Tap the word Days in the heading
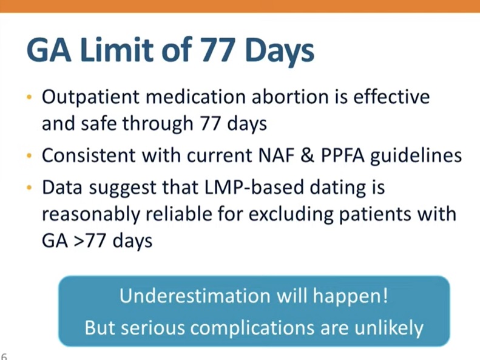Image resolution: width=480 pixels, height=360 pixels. pos(280,51)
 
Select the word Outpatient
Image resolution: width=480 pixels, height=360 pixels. pos(90,98)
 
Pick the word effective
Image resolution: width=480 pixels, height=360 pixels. pos(391,97)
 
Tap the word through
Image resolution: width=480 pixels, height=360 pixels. pos(158,124)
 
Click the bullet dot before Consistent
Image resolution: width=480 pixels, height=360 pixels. pos(29,155)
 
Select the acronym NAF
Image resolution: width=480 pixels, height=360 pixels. pos(276,155)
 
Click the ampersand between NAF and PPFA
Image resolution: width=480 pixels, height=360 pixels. pos(307,155)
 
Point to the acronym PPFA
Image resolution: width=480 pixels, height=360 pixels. pos(342,155)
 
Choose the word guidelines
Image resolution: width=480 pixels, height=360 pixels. pos(416,156)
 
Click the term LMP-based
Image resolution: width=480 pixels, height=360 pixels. pos(254,187)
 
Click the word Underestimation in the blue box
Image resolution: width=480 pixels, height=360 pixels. pos(195,296)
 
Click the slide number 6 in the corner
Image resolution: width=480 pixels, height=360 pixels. pos(4,356)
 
